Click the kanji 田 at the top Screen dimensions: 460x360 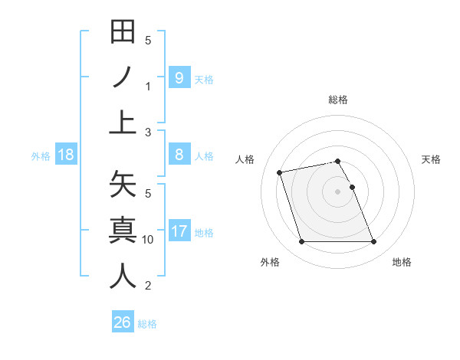coord(123,32)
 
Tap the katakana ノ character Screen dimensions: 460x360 coord(123,77)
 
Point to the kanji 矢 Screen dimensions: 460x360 coord(123,185)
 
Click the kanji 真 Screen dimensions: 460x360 coord(123,231)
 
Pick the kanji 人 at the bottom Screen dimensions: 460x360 coord(123,276)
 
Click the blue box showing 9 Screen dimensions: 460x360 coord(179,77)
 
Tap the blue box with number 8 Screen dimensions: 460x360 coord(179,155)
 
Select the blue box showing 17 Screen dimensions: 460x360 coord(179,231)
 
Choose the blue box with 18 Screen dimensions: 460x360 coord(66,155)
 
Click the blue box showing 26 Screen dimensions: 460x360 coord(123,322)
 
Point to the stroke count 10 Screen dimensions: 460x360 coord(148,240)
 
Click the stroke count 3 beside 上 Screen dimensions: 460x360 coord(148,133)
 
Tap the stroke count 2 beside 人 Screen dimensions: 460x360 coord(148,286)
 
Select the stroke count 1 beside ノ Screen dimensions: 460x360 coord(148,87)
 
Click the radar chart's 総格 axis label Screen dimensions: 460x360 coord(338,100)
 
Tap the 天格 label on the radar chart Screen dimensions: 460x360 coord(432,159)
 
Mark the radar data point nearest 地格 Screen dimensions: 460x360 coord(373,242)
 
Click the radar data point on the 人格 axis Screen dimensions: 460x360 coord(280,172)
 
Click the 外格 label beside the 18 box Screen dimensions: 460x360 coord(41,155)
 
